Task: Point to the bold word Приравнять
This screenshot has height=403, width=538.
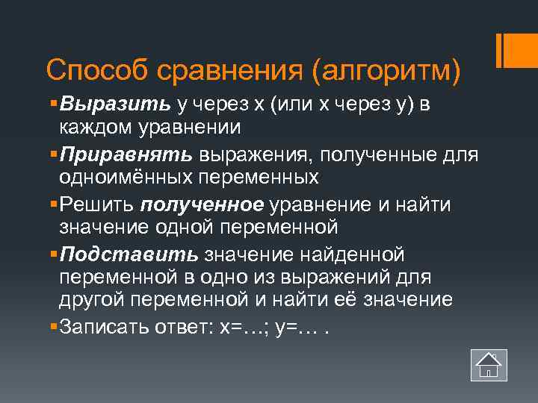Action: tap(128, 154)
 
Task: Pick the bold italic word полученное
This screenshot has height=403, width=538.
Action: tap(202, 204)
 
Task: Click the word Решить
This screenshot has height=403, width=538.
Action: tap(97, 204)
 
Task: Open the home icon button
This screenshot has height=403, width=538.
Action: tap(489, 365)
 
